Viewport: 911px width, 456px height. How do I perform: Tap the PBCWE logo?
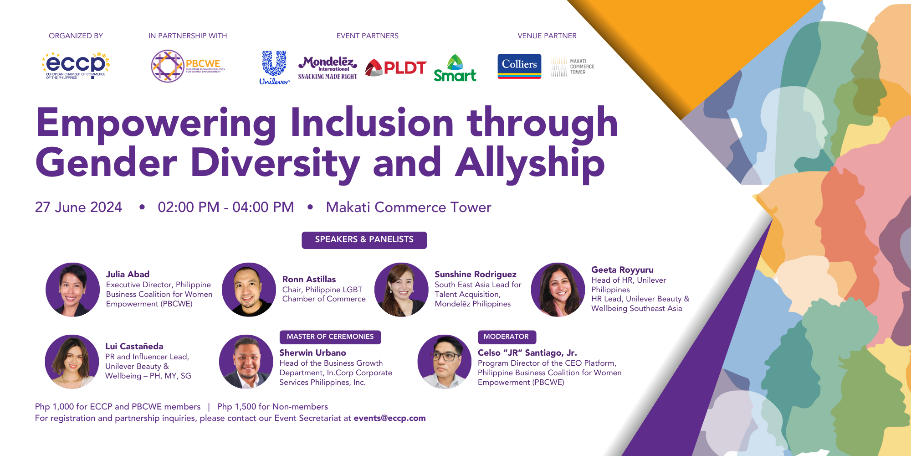pos(188,66)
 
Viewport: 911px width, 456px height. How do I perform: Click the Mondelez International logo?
pos(328,67)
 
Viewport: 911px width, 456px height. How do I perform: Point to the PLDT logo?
pos(396,67)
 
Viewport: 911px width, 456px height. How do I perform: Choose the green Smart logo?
pos(455,69)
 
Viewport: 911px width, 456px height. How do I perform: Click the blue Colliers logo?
pos(519,66)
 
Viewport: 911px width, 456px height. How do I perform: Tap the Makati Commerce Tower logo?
pos(573,67)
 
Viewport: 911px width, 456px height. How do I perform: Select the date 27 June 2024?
pos(78,207)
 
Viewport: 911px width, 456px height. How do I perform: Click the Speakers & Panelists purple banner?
pos(364,240)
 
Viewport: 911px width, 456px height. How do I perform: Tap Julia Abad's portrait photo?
pos(72,290)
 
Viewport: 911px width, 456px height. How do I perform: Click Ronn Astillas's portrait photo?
pos(249,290)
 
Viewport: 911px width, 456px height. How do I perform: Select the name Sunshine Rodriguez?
pos(475,274)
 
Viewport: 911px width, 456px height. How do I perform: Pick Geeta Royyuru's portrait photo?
pos(558,290)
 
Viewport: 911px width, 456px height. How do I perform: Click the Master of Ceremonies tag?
pos(330,337)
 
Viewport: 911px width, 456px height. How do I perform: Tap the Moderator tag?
pos(506,337)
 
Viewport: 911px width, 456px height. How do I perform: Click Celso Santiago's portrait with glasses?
pos(444,362)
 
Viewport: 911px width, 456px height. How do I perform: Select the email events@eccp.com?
pos(389,418)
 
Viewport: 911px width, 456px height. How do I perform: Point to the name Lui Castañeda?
pos(134,346)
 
